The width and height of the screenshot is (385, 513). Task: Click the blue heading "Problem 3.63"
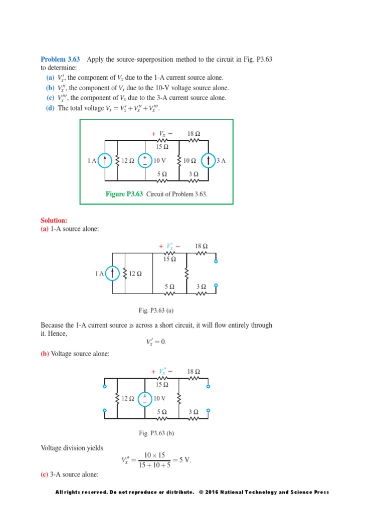pyautogui.click(x=60, y=60)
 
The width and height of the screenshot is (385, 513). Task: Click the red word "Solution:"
pyautogui.click(x=54, y=220)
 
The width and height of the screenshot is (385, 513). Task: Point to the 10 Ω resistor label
pyautogui.click(x=190, y=161)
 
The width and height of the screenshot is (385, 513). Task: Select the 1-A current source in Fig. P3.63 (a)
pyautogui.click(x=113, y=273)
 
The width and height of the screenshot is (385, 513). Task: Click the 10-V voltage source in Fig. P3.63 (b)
pyautogui.click(x=144, y=398)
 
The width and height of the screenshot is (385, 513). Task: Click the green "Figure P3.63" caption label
pyautogui.click(x=124, y=194)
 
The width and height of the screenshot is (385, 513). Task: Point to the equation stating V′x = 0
pyautogui.click(x=156, y=342)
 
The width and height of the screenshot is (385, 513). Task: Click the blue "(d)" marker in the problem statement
pyautogui.click(x=50, y=108)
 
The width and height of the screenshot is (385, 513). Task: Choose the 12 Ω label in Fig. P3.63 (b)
pyautogui.click(x=128, y=399)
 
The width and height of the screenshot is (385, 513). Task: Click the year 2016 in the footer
pyautogui.click(x=213, y=492)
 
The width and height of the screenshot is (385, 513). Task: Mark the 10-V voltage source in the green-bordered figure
pyautogui.click(x=144, y=160)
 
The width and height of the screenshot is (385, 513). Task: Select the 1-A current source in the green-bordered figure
pyautogui.click(x=104, y=160)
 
